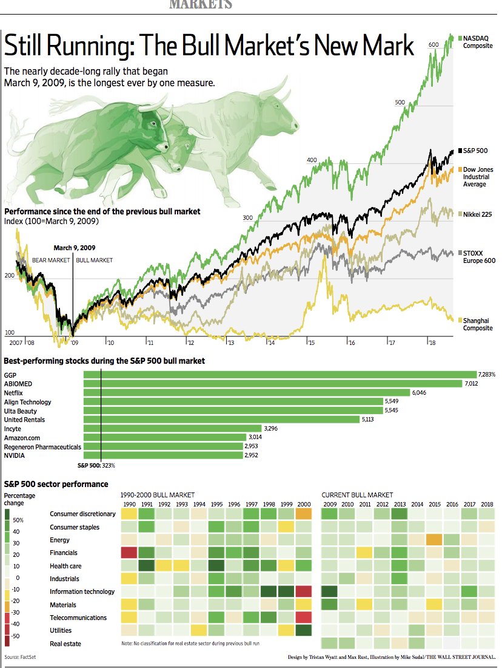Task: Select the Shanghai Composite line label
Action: click(477, 324)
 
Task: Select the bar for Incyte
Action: click(172, 428)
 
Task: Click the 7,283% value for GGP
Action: click(487, 375)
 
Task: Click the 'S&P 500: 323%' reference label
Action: click(96, 466)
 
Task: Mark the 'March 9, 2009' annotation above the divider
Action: click(74, 248)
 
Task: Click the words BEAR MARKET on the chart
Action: click(51, 260)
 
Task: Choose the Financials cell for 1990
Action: click(129, 553)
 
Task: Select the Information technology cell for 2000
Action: click(303, 591)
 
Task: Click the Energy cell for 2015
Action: click(433, 540)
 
